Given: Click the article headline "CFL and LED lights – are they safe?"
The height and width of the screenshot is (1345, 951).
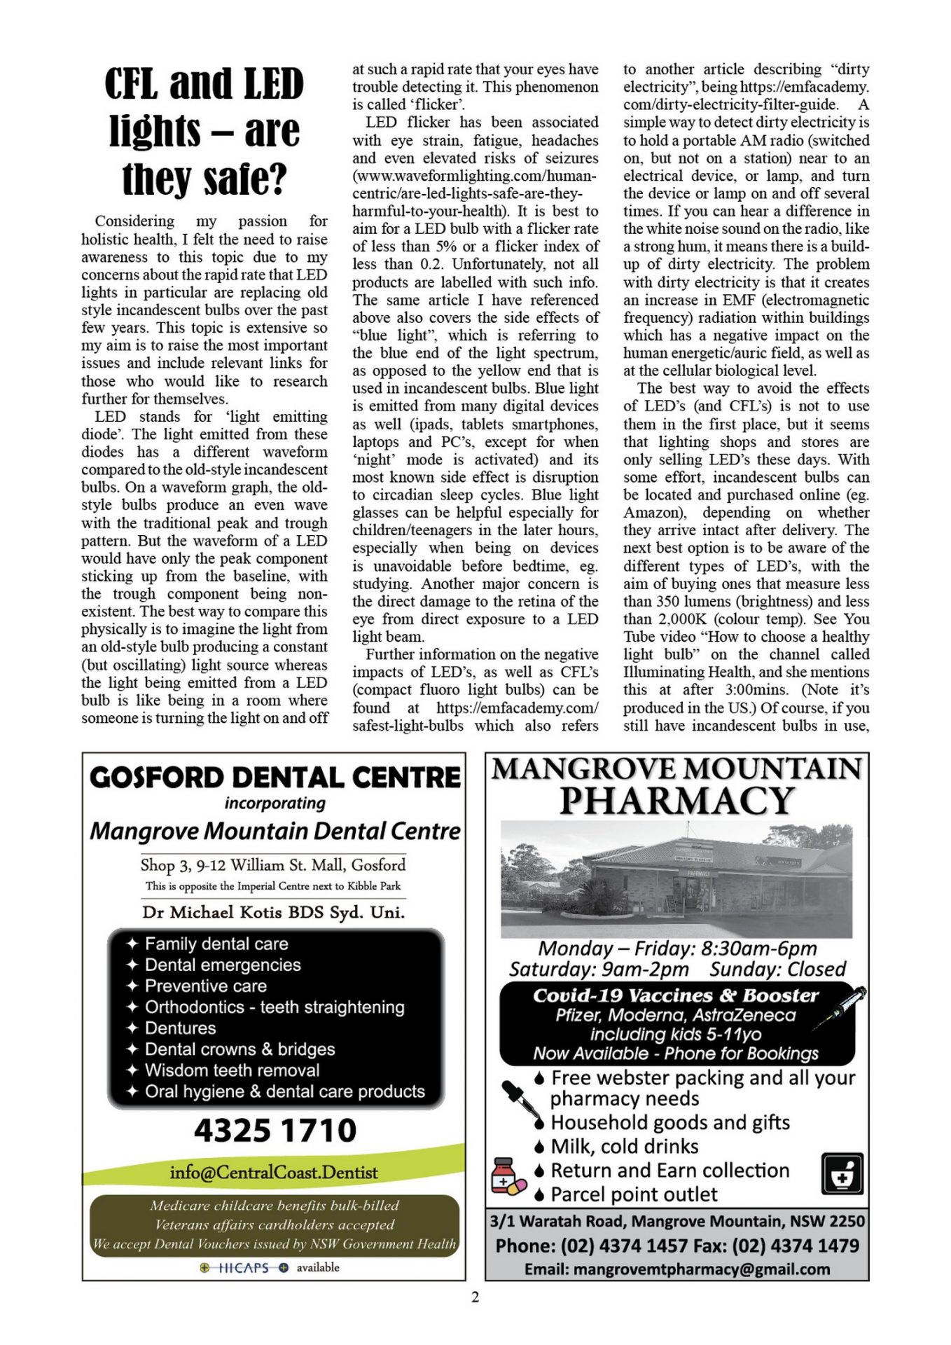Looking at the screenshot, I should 204,131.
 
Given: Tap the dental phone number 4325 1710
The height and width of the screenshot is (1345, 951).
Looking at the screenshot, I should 275,1130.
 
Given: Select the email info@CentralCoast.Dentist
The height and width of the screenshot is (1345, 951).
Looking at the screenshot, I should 273,1172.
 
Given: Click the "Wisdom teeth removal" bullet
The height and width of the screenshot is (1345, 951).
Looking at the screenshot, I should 232,1070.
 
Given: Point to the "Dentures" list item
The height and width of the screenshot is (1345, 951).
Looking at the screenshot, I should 180,1028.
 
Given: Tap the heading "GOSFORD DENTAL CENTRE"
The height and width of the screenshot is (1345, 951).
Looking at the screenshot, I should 275,778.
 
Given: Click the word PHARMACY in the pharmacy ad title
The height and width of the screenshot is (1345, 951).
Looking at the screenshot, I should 676,801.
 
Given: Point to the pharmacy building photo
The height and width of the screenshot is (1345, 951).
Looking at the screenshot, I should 676,879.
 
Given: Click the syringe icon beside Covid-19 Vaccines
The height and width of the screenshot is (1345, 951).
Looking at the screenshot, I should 840,1007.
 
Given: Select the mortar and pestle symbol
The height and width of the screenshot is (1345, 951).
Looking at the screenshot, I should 841,1174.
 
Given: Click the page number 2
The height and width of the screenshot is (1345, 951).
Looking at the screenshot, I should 475,1297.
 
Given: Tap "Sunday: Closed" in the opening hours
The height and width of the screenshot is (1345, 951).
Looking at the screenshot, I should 777,969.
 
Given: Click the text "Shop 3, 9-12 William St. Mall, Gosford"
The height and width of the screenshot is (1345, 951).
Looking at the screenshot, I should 273,865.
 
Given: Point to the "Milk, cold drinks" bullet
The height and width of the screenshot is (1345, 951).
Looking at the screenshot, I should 624,1147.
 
